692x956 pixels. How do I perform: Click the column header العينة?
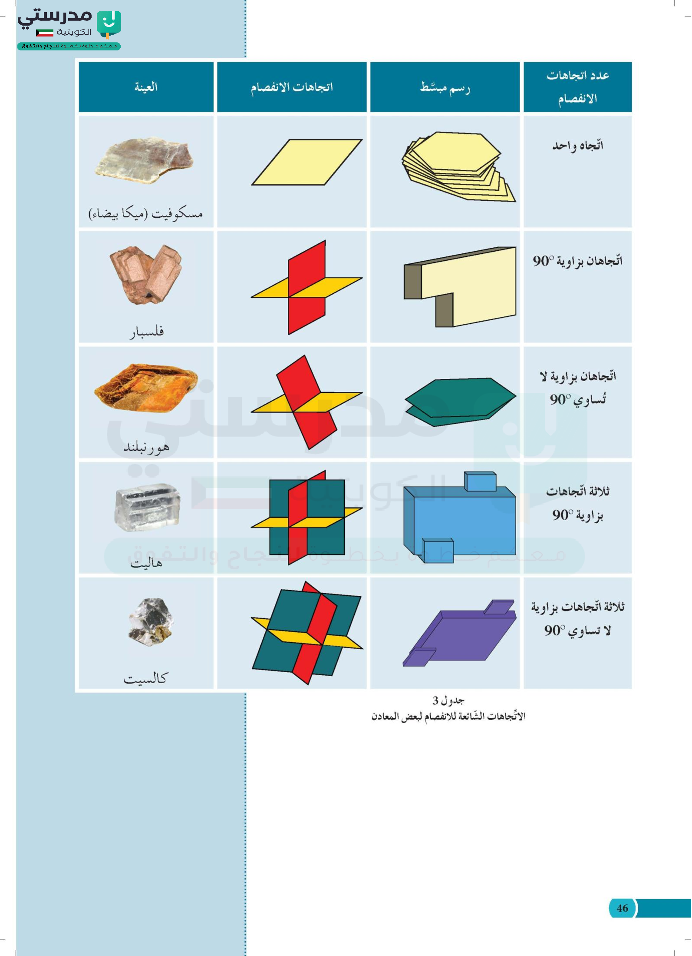[146, 87]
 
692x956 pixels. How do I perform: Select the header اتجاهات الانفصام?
[292, 87]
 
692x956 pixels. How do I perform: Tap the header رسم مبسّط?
[445, 87]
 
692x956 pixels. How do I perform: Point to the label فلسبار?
[147, 331]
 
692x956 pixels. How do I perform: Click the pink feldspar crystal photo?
[146, 274]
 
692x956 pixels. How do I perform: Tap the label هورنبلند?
[146, 446]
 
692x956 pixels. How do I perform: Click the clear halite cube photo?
[147, 507]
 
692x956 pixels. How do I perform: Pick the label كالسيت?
[145, 678]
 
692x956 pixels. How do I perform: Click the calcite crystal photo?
[151, 621]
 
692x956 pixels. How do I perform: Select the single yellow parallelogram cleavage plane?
[306, 162]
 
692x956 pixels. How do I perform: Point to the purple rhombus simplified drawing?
[459, 633]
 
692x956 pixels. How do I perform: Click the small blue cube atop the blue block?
[480, 481]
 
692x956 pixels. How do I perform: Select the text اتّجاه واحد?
[577, 145]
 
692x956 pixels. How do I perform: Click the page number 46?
[622, 908]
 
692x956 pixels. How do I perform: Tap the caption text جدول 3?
[448, 700]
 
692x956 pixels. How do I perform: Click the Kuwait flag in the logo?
[44, 33]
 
